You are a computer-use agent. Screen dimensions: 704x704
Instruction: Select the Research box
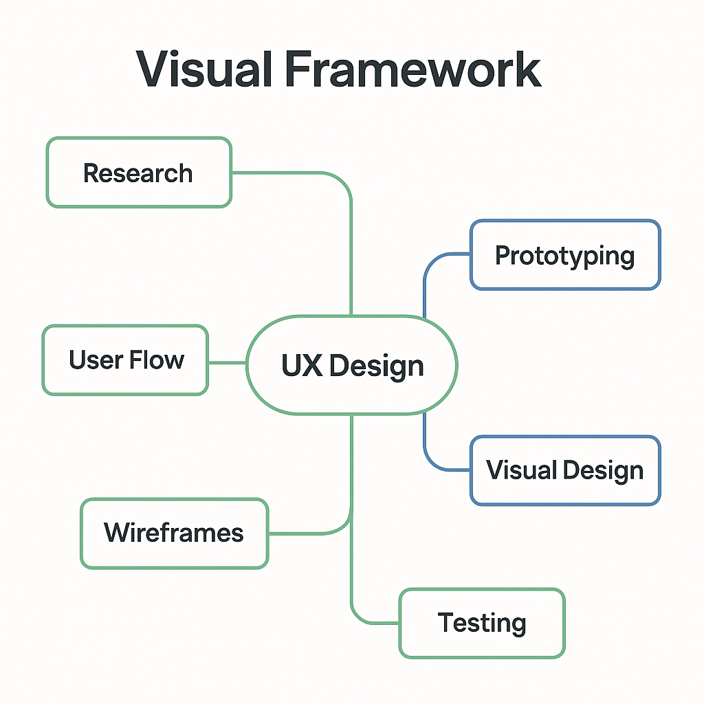coord(139,173)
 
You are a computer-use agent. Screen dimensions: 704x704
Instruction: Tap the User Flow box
coord(125,360)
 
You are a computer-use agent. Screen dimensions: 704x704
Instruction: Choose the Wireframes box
coord(174,533)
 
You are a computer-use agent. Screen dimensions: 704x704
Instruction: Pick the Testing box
coord(482,623)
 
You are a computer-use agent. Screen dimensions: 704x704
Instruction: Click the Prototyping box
coord(564,255)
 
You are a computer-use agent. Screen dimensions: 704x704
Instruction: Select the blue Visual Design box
coord(564,470)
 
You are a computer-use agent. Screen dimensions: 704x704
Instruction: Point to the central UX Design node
coord(351,365)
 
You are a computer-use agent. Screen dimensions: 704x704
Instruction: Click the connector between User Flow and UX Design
coord(227,362)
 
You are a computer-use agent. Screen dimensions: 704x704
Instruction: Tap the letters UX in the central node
coord(301,366)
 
